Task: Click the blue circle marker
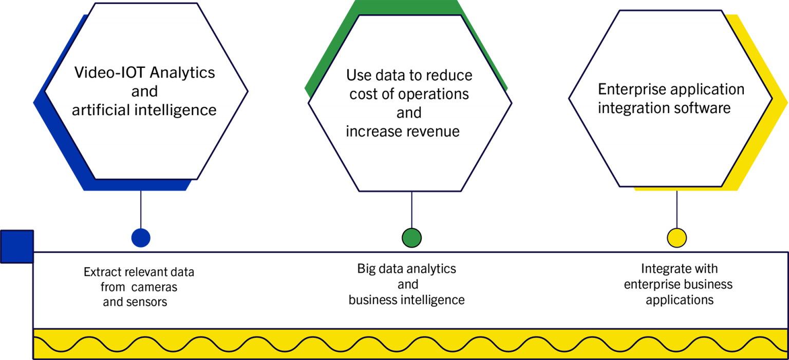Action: pos(141,238)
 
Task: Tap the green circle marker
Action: pos(412,238)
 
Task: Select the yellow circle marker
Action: pos(677,238)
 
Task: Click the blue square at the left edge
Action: pos(17,247)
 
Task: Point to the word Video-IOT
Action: pos(110,72)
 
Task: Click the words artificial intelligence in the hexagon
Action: pos(144,110)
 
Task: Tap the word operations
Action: pos(434,94)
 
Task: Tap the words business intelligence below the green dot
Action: pos(406,300)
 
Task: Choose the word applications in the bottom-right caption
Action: pos(680,300)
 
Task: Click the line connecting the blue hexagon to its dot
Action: pos(141,209)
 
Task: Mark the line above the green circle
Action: pos(412,210)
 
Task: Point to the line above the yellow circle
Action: pos(677,209)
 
